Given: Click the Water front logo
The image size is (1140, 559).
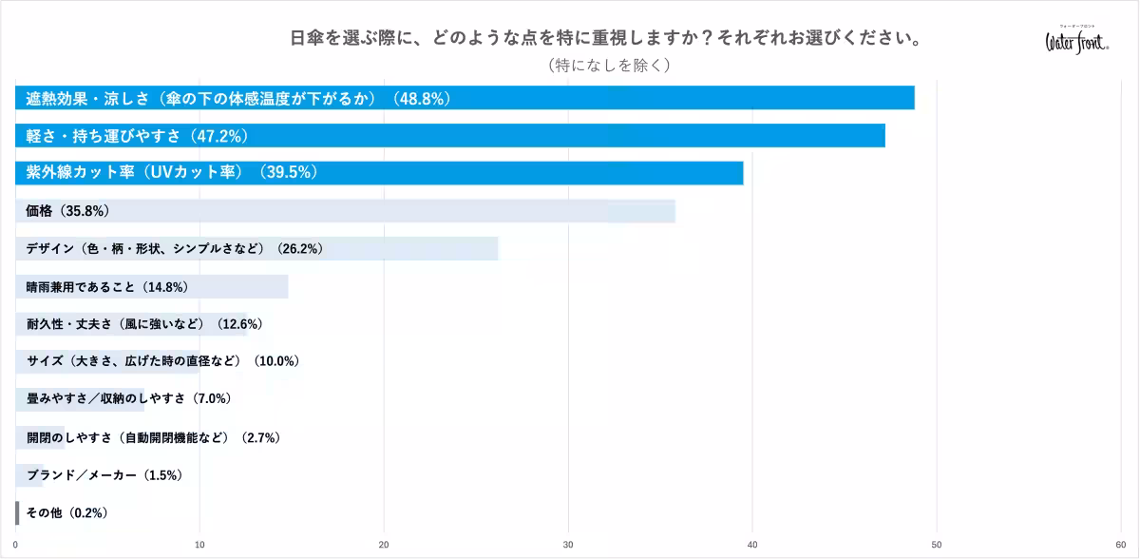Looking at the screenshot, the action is [x=1077, y=41].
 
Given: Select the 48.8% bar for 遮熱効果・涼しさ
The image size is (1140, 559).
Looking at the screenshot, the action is [x=465, y=98].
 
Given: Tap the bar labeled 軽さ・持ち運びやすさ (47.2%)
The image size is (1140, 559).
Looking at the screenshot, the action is [x=450, y=135].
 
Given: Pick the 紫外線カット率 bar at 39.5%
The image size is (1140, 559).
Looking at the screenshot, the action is [x=379, y=173].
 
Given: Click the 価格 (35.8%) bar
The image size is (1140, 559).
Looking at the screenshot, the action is [x=345, y=211].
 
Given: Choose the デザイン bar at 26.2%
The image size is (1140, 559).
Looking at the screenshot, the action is [x=256, y=248].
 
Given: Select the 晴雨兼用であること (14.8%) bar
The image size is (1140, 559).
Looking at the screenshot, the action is [x=152, y=286].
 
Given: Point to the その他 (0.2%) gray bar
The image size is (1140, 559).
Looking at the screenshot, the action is [x=17, y=512].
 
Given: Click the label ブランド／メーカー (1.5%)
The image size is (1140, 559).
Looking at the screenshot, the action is [x=104, y=475].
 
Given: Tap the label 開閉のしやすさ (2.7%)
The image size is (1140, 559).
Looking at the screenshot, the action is [x=153, y=437].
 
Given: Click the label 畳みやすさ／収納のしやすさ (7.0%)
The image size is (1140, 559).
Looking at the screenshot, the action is [x=129, y=398].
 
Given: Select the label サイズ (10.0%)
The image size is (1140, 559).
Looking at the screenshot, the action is [x=162, y=361].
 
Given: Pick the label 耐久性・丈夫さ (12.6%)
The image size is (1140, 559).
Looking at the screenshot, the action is [x=144, y=324].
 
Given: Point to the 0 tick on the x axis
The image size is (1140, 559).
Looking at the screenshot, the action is [x=15, y=545].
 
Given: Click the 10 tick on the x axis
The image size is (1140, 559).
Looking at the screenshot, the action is [x=199, y=545].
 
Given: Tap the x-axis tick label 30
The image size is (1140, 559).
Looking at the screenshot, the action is [x=568, y=545].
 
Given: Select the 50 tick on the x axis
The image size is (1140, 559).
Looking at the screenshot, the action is [x=937, y=545].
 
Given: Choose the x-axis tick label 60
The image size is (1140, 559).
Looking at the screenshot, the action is [x=1121, y=545].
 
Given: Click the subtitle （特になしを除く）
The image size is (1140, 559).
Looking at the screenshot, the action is [x=609, y=66].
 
